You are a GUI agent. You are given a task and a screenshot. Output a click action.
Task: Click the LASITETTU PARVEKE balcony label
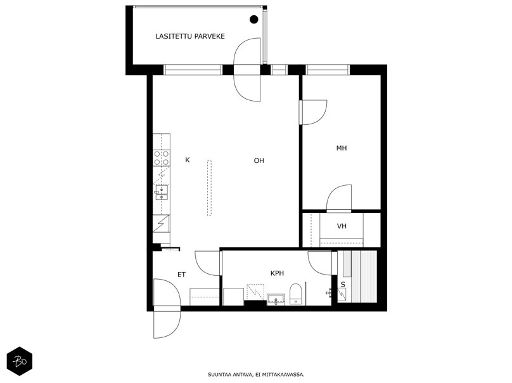pyautogui.click(x=190, y=36)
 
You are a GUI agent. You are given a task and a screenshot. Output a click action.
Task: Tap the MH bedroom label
pyautogui.click(x=342, y=148)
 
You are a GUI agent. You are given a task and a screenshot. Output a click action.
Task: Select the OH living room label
pyautogui.click(x=259, y=160)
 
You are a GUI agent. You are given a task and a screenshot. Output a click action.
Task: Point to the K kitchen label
pyautogui.click(x=188, y=160)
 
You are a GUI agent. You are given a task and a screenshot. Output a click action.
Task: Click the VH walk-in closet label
pyautogui.click(x=342, y=226)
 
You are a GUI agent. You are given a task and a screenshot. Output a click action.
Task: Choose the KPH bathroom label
pyautogui.click(x=277, y=273)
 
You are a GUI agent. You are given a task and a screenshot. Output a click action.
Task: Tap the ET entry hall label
pyautogui.click(x=181, y=275)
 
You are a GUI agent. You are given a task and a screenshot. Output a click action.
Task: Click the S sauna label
pyautogui.click(x=343, y=285)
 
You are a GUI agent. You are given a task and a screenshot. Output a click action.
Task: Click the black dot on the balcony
pyautogui.click(x=253, y=20)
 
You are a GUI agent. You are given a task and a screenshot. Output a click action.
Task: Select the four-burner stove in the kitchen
pyautogui.click(x=162, y=158)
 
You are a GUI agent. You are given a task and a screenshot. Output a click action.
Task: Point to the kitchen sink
pyautogui.click(x=162, y=193)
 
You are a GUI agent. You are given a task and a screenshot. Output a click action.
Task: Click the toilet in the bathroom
pyautogui.click(x=295, y=294)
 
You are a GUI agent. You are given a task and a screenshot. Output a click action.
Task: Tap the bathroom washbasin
pyautogui.click(x=276, y=299)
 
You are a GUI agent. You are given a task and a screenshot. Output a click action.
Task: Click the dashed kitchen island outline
pyautogui.click(x=209, y=188)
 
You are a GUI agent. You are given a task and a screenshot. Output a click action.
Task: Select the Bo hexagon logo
pyautogui.click(x=20, y=361)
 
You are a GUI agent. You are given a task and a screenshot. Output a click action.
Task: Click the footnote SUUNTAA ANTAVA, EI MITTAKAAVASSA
pyautogui.click(x=256, y=375)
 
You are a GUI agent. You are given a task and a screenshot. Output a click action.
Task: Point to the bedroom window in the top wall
pyautogui.click(x=327, y=70)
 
